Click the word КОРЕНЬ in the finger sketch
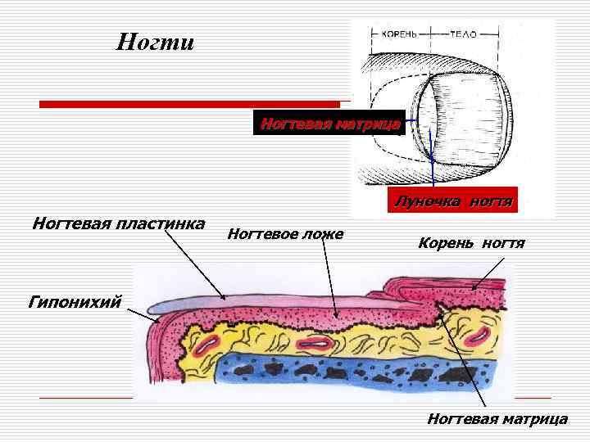click(400, 35)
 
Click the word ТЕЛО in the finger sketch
click(463, 35)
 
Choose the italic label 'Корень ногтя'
click(471, 243)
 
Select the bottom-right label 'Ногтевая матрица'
click(497, 418)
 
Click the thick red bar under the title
click(189, 104)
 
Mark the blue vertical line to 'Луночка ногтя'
click(431, 151)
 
